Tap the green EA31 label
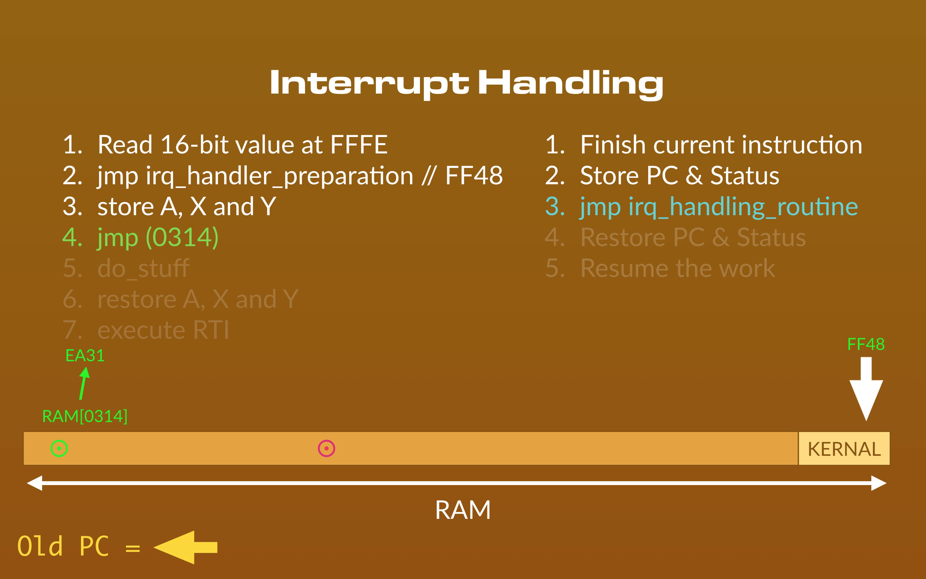click(85, 356)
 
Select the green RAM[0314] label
click(85, 416)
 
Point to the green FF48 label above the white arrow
click(866, 344)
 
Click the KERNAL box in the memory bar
click(844, 448)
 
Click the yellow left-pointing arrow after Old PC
click(185, 547)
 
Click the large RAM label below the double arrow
click(463, 510)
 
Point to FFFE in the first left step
click(359, 145)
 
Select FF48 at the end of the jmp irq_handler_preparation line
click(474, 176)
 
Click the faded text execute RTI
click(163, 330)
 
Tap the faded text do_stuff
click(143, 269)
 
